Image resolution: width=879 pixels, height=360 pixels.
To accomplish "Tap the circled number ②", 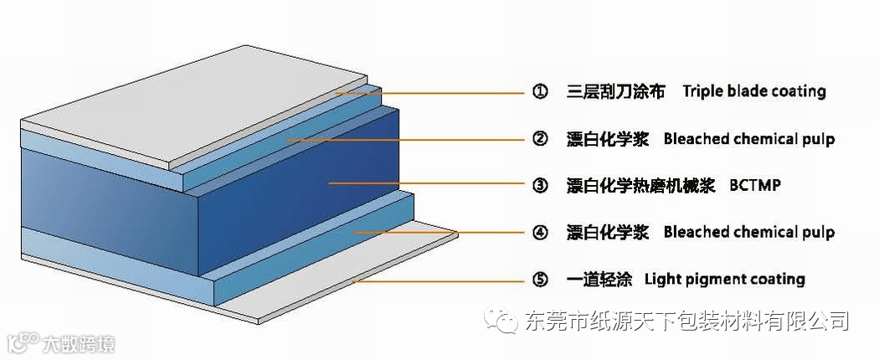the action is (x=540, y=139).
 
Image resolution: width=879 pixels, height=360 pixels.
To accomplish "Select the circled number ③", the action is (x=540, y=185).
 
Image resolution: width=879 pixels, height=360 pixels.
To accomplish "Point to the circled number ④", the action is (x=540, y=232).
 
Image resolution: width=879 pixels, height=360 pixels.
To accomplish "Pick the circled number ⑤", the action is (x=540, y=279).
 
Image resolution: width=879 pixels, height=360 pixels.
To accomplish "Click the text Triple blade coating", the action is (x=753, y=91).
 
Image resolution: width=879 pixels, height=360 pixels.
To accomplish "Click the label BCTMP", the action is (x=754, y=185).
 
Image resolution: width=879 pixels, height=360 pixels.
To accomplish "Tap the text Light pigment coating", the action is (x=725, y=279).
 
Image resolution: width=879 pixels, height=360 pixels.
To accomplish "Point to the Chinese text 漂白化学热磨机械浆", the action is (x=640, y=185).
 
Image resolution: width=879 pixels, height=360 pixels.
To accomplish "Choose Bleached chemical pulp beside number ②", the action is (x=748, y=139).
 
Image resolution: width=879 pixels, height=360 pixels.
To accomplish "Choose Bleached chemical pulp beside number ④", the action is (x=748, y=232).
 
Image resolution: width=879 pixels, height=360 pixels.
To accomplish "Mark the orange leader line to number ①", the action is (x=435, y=92).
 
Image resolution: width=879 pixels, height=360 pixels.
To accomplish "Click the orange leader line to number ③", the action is (x=419, y=184).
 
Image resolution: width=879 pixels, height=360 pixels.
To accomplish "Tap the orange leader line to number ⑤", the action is (x=435, y=280).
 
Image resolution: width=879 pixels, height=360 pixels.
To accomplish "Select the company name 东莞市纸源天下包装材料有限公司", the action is (x=686, y=321).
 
